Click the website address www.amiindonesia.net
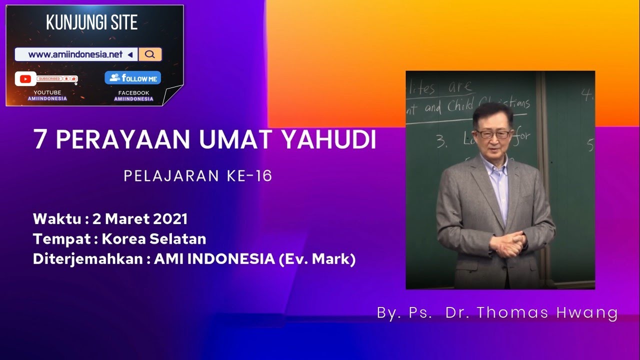(x=75, y=54)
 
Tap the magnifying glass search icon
(x=149, y=54)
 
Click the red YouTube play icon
(x=25, y=79)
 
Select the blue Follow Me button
(x=132, y=78)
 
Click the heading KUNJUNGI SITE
(x=91, y=22)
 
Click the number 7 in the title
(x=39, y=140)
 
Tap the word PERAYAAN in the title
(x=123, y=140)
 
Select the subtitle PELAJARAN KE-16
(x=198, y=176)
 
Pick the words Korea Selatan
(x=153, y=239)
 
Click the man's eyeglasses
(x=492, y=134)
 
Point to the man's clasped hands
(x=507, y=243)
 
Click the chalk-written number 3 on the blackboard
(x=441, y=142)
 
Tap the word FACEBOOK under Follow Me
(x=133, y=93)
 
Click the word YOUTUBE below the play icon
(x=47, y=92)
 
